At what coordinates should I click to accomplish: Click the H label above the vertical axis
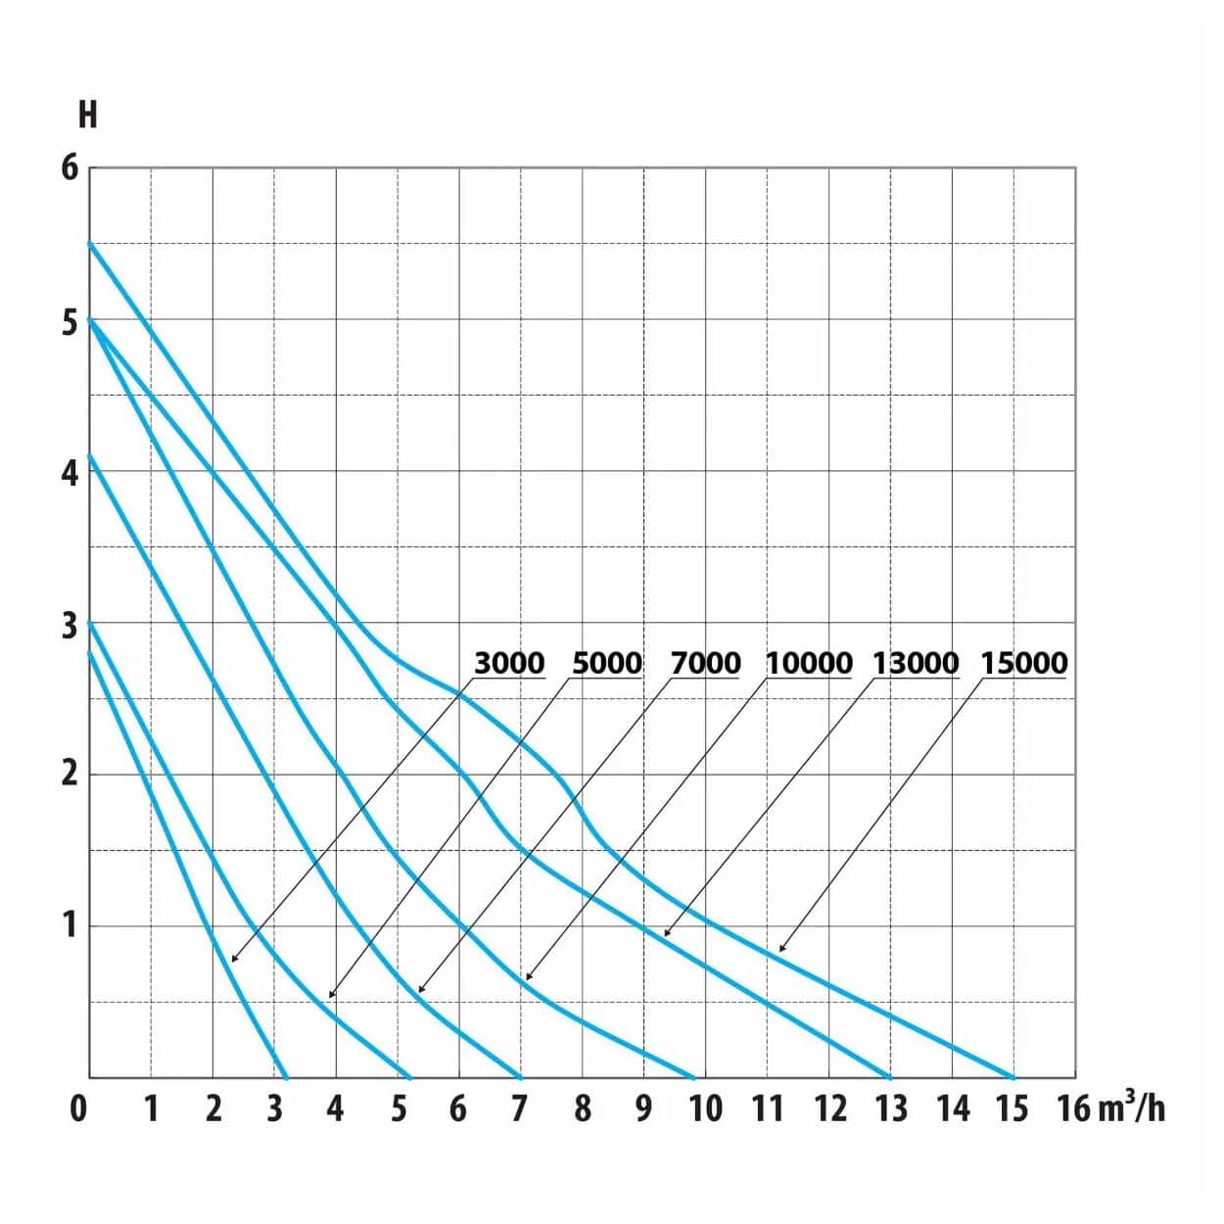(x=87, y=115)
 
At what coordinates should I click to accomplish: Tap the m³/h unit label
(x=1132, y=1108)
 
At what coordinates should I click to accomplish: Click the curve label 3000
(x=509, y=663)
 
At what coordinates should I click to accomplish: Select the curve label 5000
(x=606, y=663)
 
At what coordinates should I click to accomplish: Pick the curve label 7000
(x=705, y=663)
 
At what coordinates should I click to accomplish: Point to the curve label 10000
(x=809, y=663)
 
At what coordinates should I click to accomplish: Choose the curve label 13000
(x=916, y=663)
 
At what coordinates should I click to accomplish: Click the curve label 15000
(x=1024, y=663)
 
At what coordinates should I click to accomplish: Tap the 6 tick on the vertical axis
(x=69, y=167)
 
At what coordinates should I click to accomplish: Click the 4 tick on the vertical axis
(x=69, y=472)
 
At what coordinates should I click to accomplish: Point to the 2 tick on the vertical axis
(x=69, y=774)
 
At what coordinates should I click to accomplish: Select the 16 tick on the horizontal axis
(x=1074, y=1108)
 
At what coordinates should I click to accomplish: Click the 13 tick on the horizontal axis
(x=890, y=1108)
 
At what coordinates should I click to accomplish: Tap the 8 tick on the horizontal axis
(x=583, y=1108)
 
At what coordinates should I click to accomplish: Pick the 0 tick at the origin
(x=78, y=1108)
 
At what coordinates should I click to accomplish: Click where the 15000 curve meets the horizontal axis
(x=1013, y=1077)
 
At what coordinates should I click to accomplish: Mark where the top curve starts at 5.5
(x=90, y=244)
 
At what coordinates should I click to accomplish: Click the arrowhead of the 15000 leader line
(x=780, y=950)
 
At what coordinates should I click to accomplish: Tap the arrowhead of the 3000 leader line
(x=233, y=960)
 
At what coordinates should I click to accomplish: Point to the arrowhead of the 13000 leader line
(x=666, y=935)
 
